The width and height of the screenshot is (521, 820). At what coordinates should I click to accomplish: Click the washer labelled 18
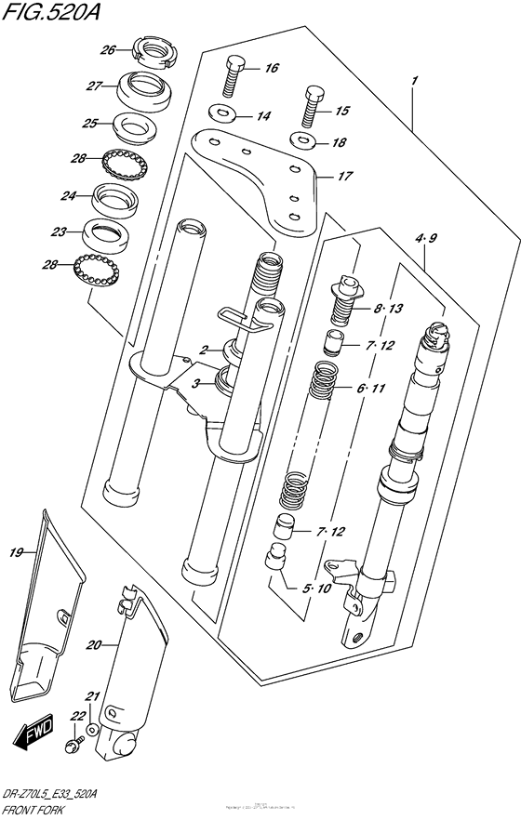[x=301, y=141]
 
